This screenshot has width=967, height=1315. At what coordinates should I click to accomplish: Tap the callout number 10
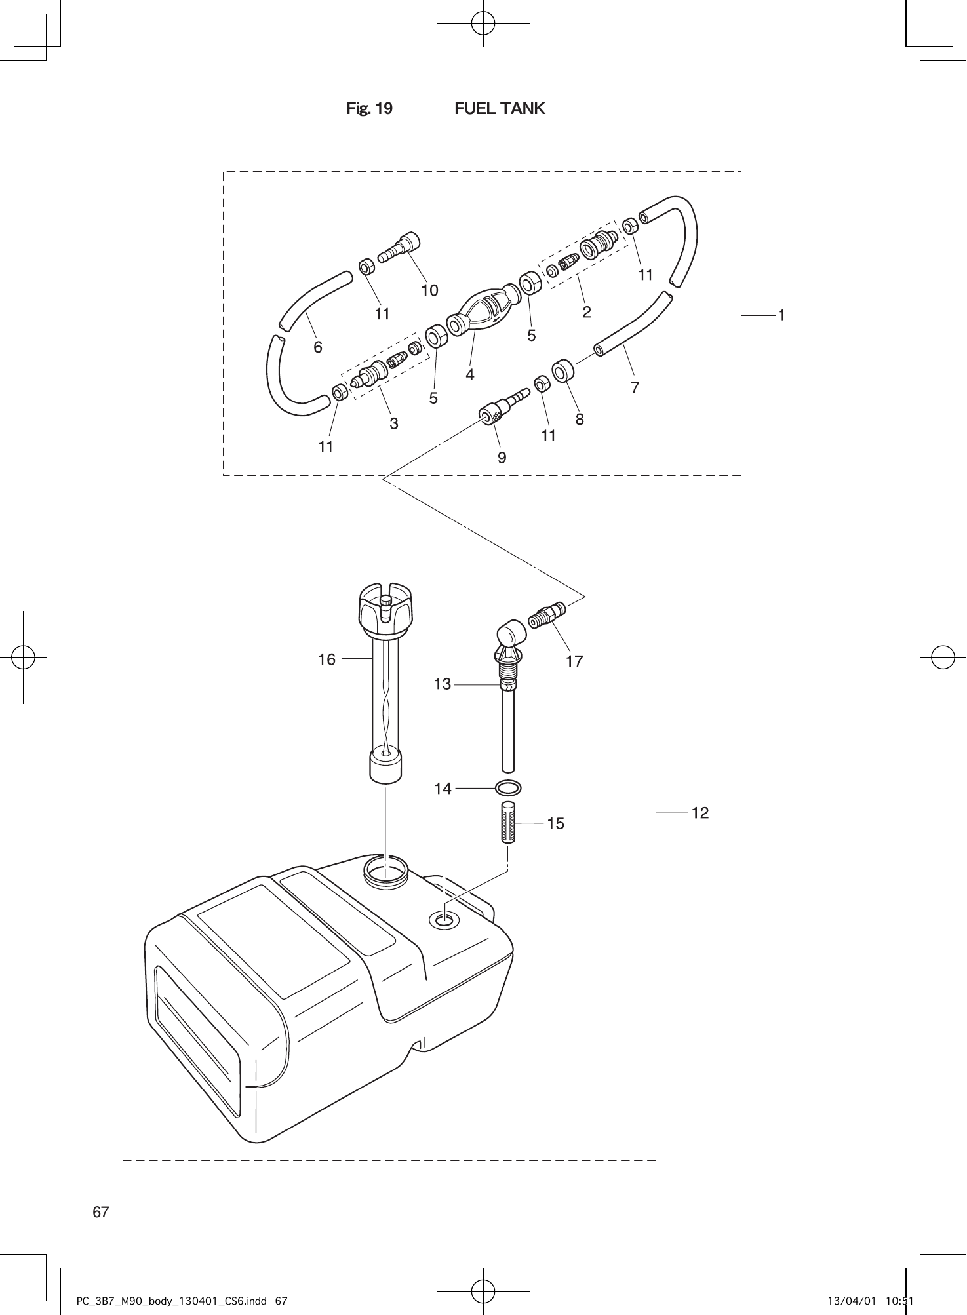click(x=429, y=290)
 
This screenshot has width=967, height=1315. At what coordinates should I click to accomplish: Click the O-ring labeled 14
click(x=508, y=787)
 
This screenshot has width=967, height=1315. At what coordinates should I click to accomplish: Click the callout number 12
click(x=700, y=813)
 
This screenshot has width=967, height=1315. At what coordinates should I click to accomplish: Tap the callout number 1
click(x=781, y=315)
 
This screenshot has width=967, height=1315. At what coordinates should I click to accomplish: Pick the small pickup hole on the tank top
click(x=444, y=920)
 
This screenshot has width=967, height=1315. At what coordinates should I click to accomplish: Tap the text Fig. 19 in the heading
click(x=369, y=108)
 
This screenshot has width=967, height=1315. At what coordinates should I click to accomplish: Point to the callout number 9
click(x=502, y=458)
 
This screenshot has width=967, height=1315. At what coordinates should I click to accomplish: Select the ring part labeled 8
click(x=562, y=371)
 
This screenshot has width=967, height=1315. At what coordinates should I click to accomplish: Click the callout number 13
click(x=443, y=684)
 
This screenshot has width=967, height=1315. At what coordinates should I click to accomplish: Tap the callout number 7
click(x=634, y=387)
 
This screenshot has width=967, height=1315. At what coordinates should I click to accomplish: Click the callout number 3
click(x=393, y=423)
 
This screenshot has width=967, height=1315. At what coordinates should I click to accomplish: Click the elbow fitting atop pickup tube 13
click(x=510, y=635)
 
